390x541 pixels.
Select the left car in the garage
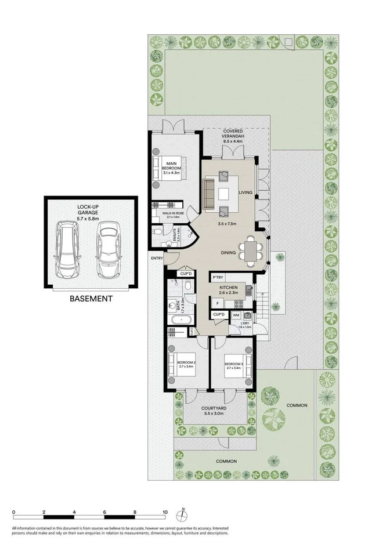tap(68, 250)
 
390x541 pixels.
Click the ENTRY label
tap(157, 258)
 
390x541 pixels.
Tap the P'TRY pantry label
tap(218, 277)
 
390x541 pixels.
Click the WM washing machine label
tap(236, 315)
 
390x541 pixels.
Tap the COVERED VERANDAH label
tap(232, 136)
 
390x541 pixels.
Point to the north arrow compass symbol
tap(183, 513)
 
